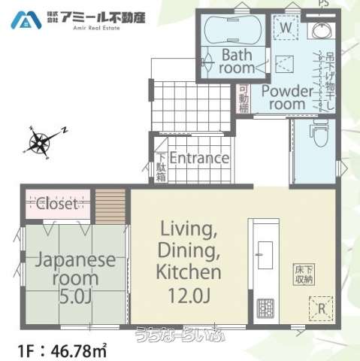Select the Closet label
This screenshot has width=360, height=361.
click(x=56, y=203)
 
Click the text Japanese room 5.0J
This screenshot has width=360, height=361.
click(x=66, y=276)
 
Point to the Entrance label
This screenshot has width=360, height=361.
click(x=198, y=158)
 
